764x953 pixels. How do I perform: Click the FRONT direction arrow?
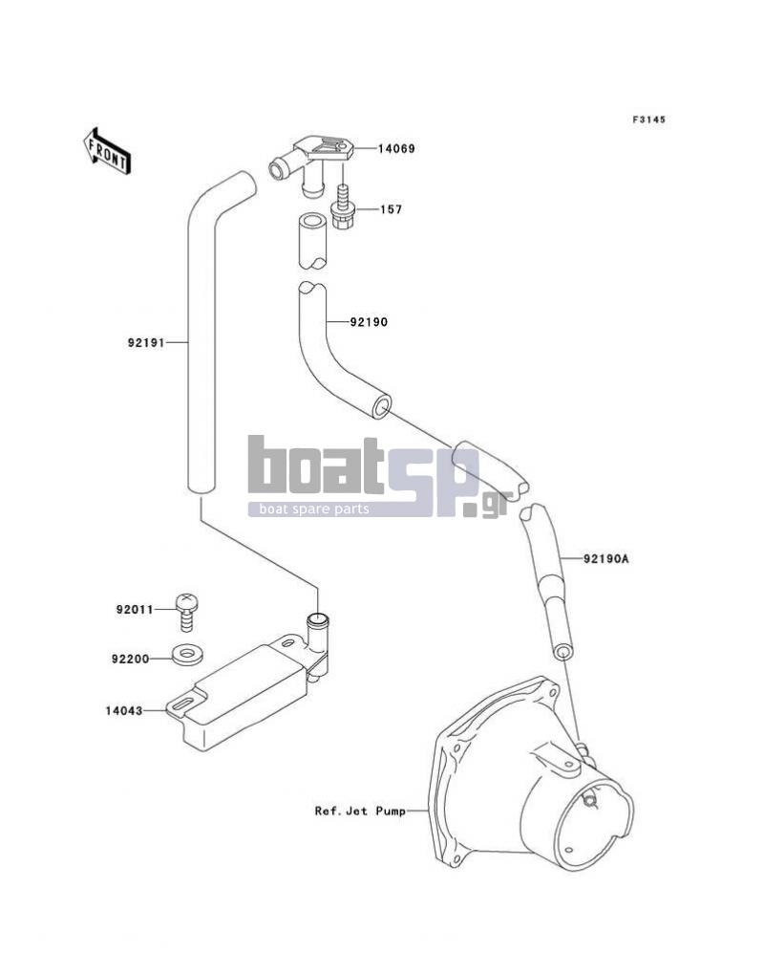coord(107,151)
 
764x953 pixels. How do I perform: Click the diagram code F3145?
coord(648,119)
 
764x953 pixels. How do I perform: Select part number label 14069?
coord(396,149)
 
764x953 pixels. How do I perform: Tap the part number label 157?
coord(392,209)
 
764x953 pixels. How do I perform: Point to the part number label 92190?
coord(369,322)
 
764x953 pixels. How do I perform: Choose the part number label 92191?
coord(146,343)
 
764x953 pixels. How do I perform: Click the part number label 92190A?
coord(605,558)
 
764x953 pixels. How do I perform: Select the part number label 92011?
coord(135,609)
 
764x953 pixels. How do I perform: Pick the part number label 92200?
coord(130,659)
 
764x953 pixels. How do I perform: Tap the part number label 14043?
coord(124,710)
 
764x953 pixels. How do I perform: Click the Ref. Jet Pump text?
coord(360,811)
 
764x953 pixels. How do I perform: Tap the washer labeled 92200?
coord(188,654)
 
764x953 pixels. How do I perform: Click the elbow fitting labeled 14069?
coord(310,166)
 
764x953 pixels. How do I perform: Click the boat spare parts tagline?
coord(314,509)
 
